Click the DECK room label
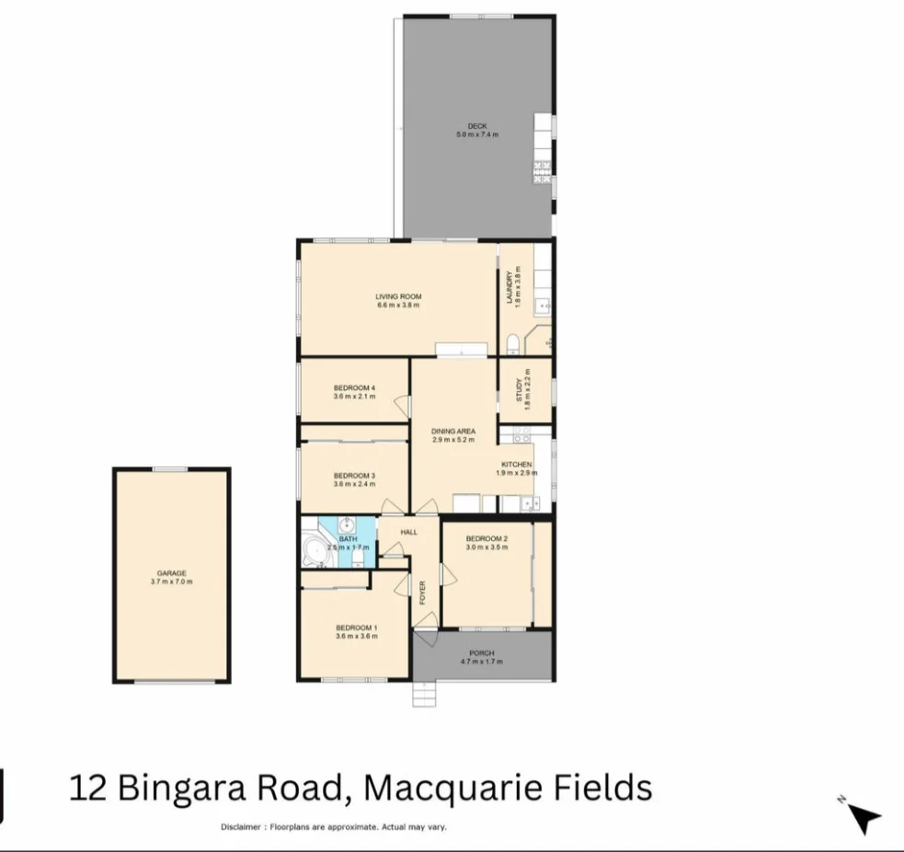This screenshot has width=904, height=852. click(x=476, y=126)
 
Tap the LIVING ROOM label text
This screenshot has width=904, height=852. click(x=398, y=296)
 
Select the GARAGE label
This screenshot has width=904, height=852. click(x=171, y=573)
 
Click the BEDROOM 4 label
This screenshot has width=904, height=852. click(x=355, y=388)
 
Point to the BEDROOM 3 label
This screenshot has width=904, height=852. click(x=355, y=475)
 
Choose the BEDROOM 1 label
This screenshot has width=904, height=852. click(x=355, y=627)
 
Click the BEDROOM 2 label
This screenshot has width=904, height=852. click(x=486, y=538)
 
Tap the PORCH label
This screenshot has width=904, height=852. click(x=481, y=653)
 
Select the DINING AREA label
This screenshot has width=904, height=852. click(x=453, y=431)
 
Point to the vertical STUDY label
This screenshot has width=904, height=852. click(x=520, y=391)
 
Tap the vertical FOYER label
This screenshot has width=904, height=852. click(x=424, y=590)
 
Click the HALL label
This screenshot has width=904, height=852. click(x=409, y=532)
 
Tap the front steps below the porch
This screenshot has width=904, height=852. click(x=426, y=695)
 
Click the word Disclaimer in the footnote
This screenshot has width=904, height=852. click(x=242, y=827)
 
